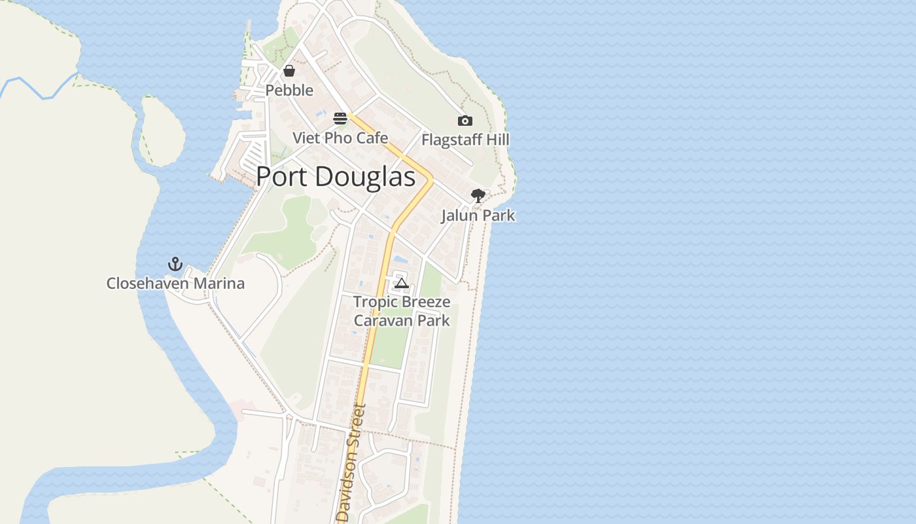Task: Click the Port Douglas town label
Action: point(335,178)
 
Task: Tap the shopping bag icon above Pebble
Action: point(289,71)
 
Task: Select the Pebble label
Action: point(289,90)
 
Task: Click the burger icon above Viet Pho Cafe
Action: point(340,119)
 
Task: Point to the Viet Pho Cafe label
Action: point(340,138)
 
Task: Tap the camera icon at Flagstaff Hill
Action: point(465,121)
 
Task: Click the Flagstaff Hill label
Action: point(465,140)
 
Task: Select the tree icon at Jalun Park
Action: point(478,195)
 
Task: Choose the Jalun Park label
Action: point(478,215)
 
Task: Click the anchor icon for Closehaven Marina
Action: point(175,264)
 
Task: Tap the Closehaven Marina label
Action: point(175,284)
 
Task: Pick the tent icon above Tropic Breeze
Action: point(402,283)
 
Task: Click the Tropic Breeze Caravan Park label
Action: point(402,311)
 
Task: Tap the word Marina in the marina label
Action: point(223,284)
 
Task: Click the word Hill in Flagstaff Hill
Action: point(497,140)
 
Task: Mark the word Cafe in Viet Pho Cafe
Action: point(372,138)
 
